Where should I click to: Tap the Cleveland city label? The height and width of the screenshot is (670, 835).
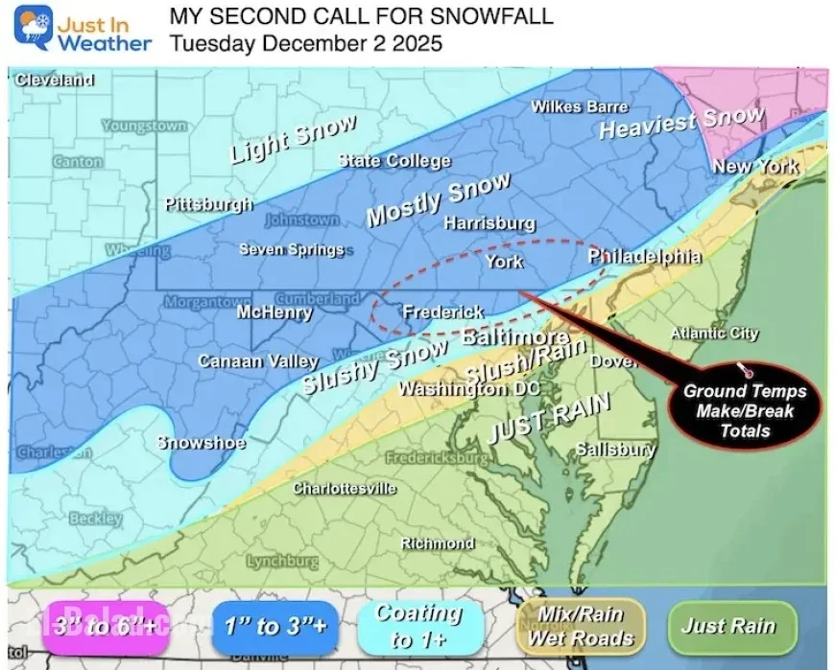pos(54,81)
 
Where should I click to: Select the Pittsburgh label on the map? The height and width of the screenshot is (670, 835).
pos(208,204)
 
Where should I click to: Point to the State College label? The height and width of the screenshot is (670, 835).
pos(394,161)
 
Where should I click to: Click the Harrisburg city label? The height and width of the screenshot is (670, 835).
pos(489,223)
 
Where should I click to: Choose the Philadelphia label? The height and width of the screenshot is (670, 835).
pos(644,257)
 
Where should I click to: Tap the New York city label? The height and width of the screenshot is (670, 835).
pos(755,167)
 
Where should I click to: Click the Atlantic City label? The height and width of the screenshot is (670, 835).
pos(714,334)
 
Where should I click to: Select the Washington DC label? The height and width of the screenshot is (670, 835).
pos(469,389)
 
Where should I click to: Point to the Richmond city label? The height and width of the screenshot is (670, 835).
pos(437,543)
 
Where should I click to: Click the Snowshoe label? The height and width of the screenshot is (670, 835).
pos(201,443)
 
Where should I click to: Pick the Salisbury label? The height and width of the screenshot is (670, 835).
pos(615,449)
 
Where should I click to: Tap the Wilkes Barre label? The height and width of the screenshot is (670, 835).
pos(580,106)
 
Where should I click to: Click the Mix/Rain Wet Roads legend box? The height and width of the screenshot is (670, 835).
pos(582,627)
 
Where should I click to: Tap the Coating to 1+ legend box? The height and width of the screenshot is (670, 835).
pos(417,627)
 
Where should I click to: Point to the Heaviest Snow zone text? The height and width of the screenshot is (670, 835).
pos(681,123)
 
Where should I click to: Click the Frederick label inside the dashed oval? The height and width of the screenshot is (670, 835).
pos(442,312)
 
